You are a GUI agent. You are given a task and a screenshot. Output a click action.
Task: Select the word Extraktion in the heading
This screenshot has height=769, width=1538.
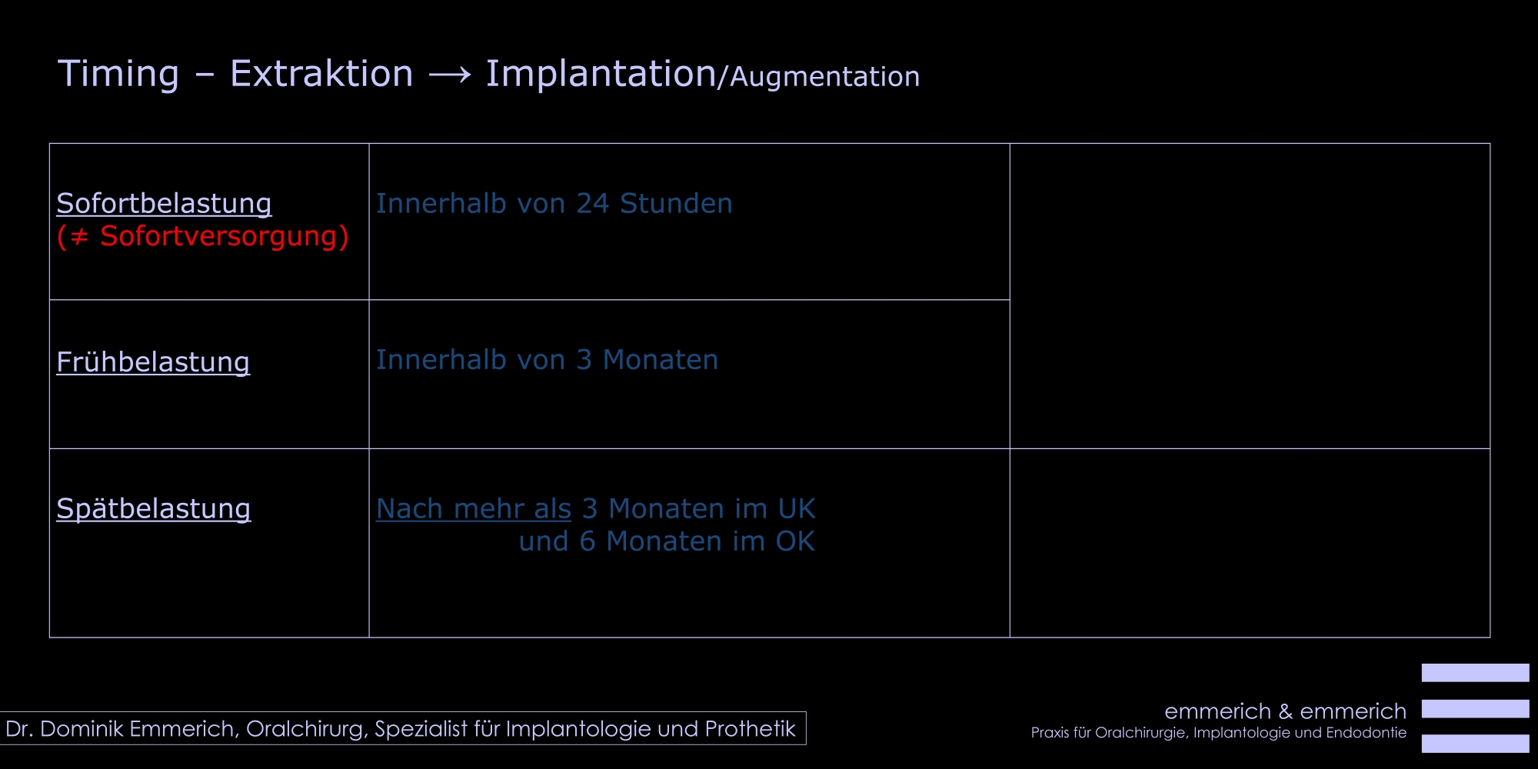(321, 74)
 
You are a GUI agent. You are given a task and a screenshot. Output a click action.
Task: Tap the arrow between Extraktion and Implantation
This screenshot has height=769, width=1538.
(450, 75)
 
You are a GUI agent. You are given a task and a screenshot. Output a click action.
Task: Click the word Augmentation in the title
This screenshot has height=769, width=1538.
(824, 77)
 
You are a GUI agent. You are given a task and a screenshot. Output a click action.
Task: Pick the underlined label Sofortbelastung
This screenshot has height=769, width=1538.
(164, 204)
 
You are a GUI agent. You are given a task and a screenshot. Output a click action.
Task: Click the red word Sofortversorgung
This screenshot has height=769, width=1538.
(219, 236)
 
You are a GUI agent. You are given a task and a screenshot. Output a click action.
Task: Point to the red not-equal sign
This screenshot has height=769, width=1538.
(79, 237)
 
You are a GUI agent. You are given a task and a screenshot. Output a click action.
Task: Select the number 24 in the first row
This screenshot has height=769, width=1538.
(592, 204)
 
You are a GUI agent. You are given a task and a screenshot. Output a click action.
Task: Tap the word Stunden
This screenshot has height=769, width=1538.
(676, 204)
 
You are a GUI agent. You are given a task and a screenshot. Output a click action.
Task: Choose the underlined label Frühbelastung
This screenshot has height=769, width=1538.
(153, 362)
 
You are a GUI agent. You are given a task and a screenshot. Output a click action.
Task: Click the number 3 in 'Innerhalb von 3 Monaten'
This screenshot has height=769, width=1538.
(584, 360)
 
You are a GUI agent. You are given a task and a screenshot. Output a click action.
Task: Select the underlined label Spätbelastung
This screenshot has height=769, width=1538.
(154, 509)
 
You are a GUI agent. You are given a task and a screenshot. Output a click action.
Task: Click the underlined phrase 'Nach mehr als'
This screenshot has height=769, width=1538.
(474, 509)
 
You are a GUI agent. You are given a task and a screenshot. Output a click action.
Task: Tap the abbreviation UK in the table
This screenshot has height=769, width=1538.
(797, 509)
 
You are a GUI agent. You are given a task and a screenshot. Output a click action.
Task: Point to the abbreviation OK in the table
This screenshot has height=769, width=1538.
(795, 541)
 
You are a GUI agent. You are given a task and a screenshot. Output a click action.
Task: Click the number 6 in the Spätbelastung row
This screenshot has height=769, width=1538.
(588, 541)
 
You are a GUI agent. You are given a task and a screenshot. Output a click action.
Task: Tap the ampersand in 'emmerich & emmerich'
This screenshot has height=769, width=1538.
(1286, 711)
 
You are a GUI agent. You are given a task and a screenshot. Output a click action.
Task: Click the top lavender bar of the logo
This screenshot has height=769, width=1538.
(1475, 673)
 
